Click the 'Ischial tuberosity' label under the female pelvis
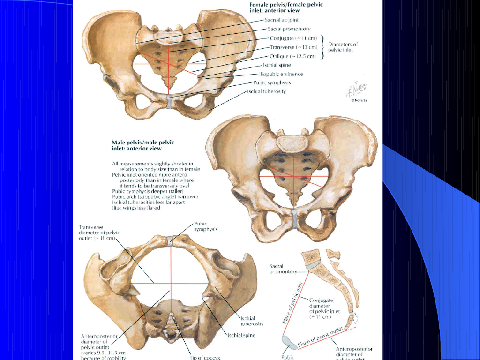tap(266, 91)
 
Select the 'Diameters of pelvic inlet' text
tap(340, 47)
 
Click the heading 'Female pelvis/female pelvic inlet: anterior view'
tap(292, 7)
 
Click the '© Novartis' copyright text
tap(359, 100)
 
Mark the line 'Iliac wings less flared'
tap(136, 208)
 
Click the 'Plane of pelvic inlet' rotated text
tap(291, 302)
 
